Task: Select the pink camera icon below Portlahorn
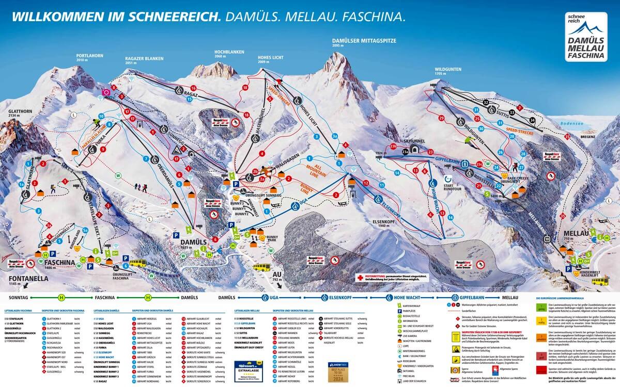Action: point(106,92)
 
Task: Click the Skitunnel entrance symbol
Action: point(405,151)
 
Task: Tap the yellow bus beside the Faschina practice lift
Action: point(137,262)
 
